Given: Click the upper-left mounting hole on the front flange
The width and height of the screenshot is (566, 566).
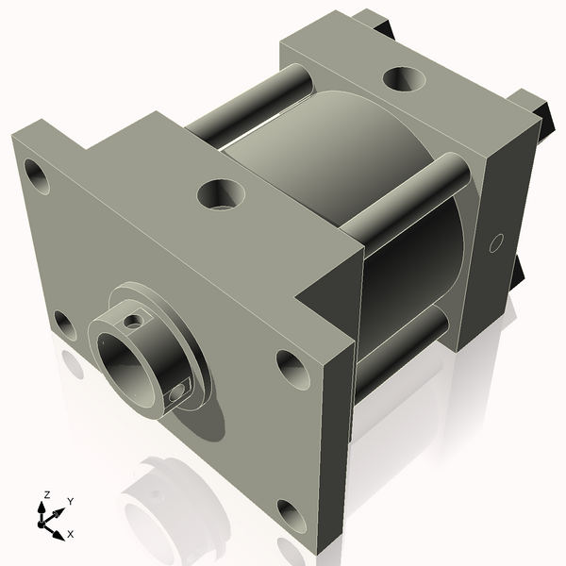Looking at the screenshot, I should pos(38,175).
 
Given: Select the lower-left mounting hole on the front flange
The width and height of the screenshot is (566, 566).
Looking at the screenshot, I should pos(64,325).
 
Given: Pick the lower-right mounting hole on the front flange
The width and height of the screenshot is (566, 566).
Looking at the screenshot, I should pos(292,516).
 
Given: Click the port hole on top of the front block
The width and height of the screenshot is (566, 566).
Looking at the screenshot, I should pos(221,195).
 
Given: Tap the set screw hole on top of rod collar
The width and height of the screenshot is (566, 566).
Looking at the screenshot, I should pos(135,321).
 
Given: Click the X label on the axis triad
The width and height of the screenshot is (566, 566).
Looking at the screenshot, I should pos(70,534).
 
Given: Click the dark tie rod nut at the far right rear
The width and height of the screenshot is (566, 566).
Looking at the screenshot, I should pos(533,106).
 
